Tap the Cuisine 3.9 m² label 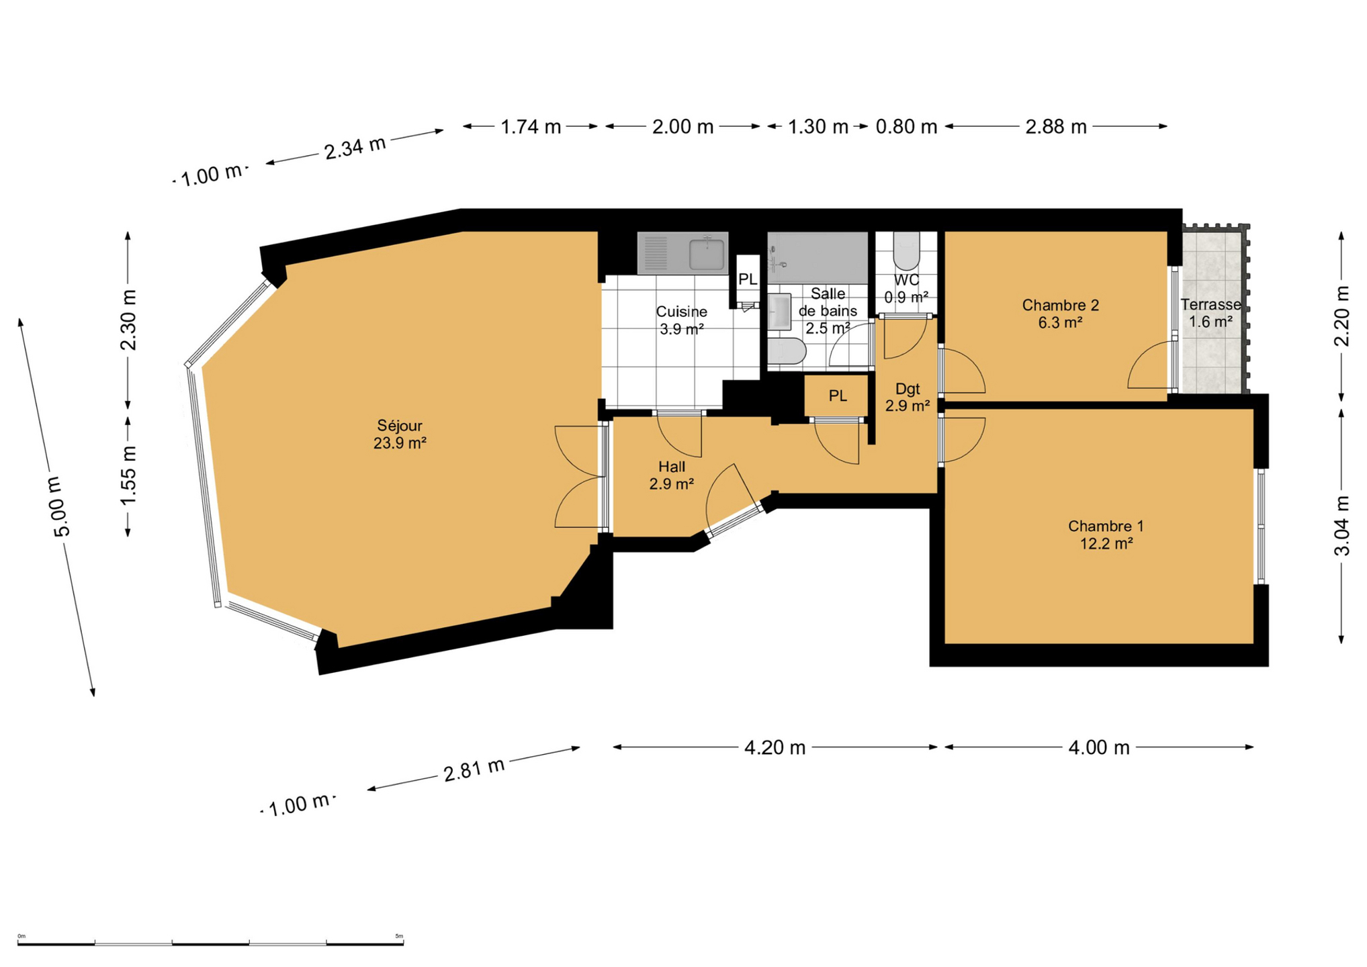coord(681,320)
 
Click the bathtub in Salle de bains coord(818,258)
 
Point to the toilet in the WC coord(906,250)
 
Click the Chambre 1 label coord(1106,535)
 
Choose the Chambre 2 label coord(1060,314)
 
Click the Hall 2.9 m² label coord(672,475)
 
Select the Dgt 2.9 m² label coord(907,397)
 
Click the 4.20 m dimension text coord(775,747)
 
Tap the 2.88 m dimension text coord(1055,126)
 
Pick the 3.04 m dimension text coord(1341,525)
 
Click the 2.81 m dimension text coord(474,769)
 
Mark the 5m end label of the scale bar coord(399,936)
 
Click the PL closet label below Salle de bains coord(837,396)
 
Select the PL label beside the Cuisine coord(748,279)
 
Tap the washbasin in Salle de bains coord(779,312)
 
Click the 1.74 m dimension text coord(531,126)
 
